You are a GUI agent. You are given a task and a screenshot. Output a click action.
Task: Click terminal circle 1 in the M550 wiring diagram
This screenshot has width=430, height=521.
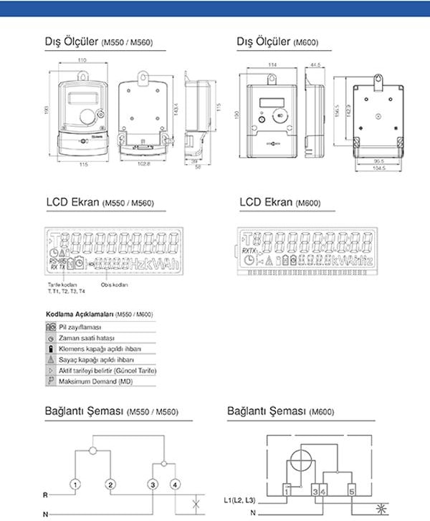pos(75,485)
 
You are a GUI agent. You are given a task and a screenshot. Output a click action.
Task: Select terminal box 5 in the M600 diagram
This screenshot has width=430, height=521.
pos(352,491)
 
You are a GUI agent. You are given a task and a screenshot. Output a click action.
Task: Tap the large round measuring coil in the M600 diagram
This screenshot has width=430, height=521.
pos(306,459)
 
